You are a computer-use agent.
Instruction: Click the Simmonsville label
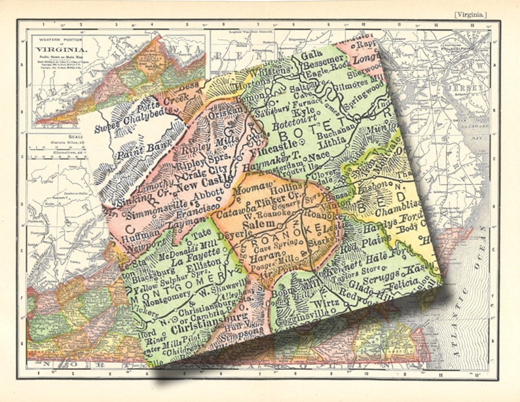[142, 215]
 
